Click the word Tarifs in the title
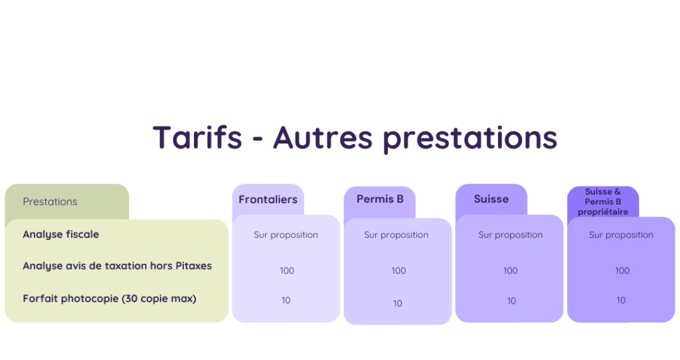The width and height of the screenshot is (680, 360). click(x=197, y=137)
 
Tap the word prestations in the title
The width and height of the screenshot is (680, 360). click(x=469, y=139)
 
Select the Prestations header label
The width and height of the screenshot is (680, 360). click(x=50, y=202)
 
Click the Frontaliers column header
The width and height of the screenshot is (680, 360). click(x=268, y=199)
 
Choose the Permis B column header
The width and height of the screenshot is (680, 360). click(x=380, y=199)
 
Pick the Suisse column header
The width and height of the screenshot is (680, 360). click(x=491, y=199)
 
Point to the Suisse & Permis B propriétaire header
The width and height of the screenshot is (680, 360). click(x=603, y=202)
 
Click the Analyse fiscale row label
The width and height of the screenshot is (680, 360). click(x=60, y=234)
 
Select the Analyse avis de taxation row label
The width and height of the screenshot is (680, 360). click(x=117, y=266)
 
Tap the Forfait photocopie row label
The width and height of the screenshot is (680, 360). click(x=110, y=298)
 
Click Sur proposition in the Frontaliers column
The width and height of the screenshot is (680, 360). click(x=286, y=235)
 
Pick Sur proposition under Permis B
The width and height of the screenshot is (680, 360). click(x=396, y=235)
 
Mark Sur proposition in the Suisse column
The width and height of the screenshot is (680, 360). click(x=511, y=235)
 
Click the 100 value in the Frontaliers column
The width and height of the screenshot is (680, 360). click(x=287, y=270)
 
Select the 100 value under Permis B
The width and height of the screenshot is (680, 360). click(x=398, y=270)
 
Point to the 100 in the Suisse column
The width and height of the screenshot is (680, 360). click(x=511, y=270)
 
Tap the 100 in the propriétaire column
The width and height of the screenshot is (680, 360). click(x=622, y=270)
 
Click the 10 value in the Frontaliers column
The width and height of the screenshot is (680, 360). click(x=286, y=300)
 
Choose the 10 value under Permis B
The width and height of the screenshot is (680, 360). click(x=398, y=304)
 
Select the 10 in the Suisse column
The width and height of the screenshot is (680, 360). click(x=511, y=301)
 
